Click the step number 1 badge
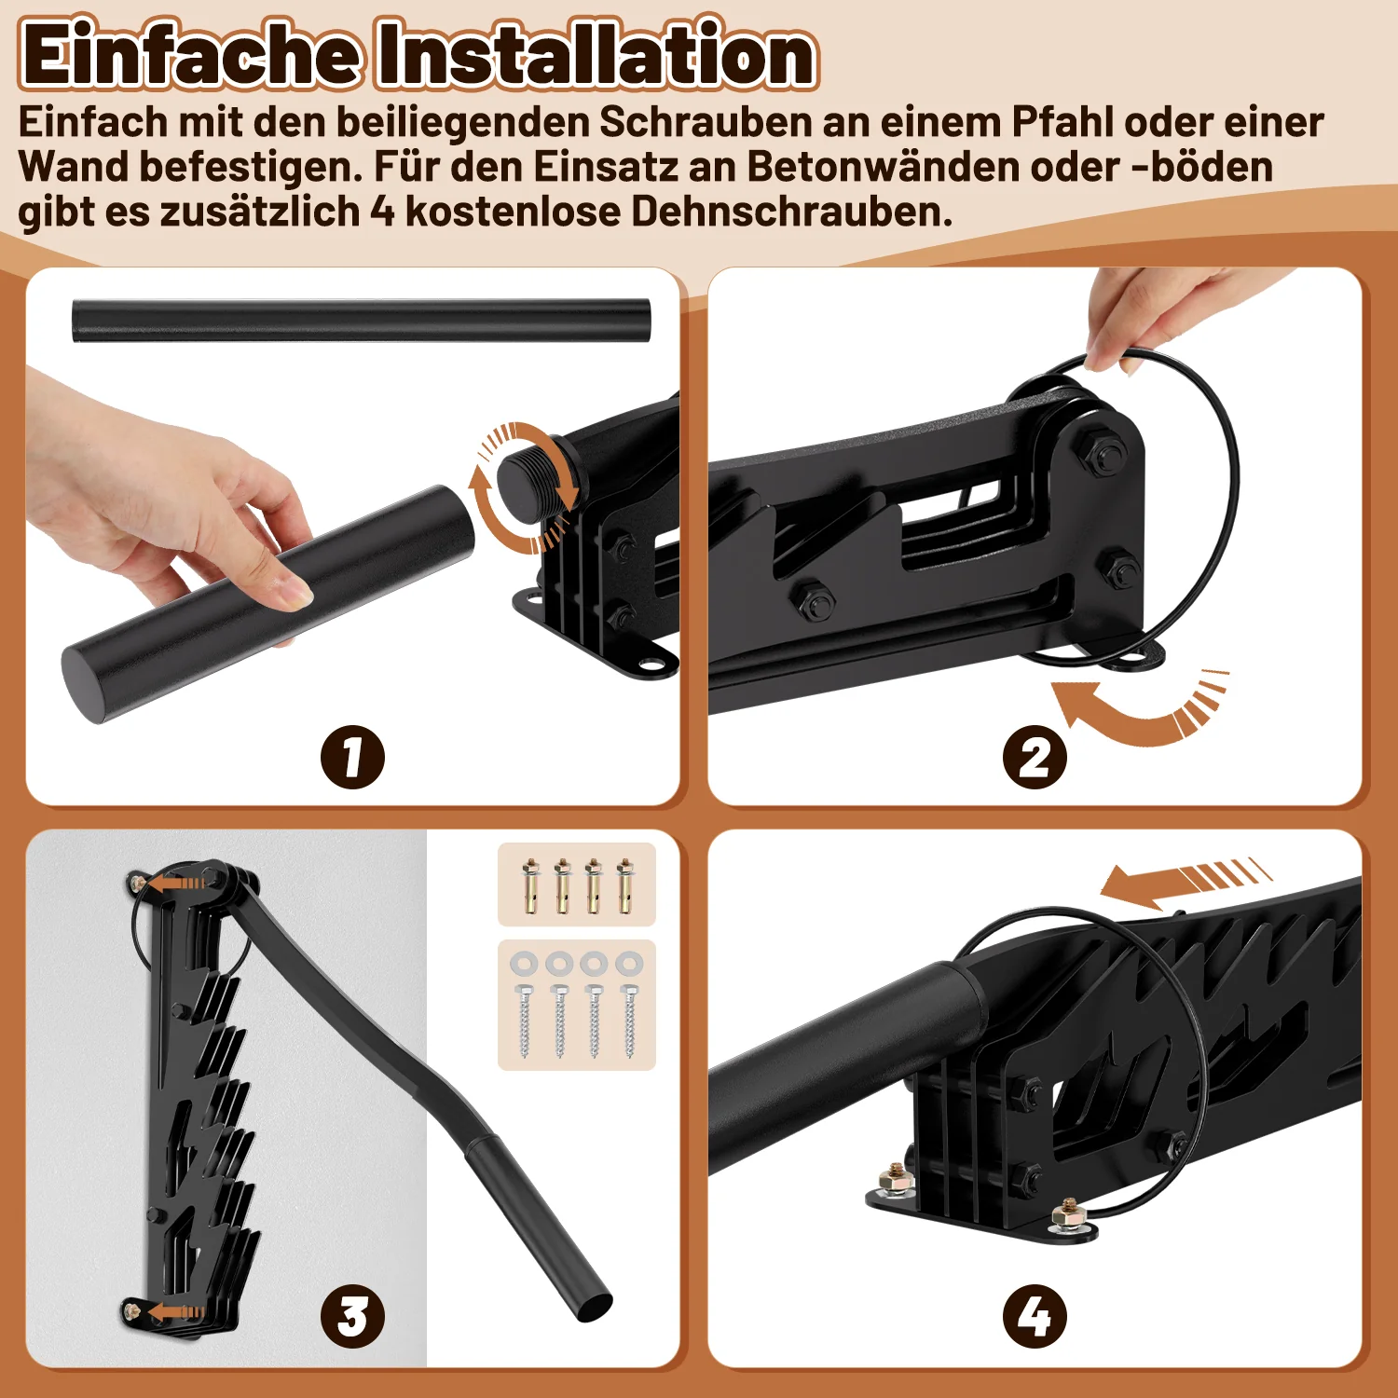click(x=352, y=757)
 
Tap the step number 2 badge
click(x=1035, y=757)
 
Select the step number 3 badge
click(x=352, y=1316)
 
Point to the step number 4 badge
click(x=1035, y=1316)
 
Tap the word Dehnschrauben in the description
click(x=791, y=212)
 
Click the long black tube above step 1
click(x=361, y=321)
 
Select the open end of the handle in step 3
click(x=593, y=1309)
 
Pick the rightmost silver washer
click(x=629, y=962)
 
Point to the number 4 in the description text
click(x=382, y=212)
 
